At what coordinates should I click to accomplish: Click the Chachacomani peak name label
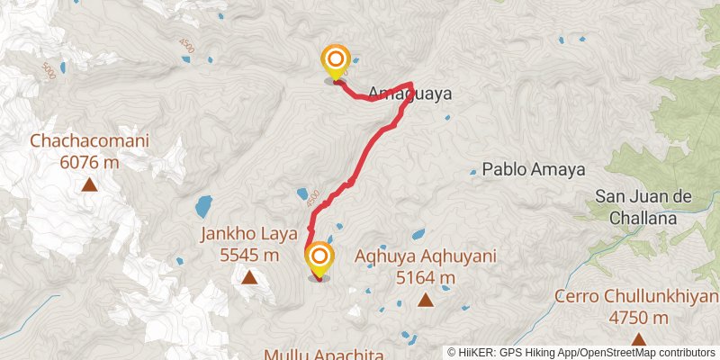point(89,141)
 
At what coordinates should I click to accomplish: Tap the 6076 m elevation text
point(89,162)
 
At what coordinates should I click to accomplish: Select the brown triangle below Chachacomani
point(90,185)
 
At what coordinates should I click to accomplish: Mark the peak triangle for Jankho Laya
point(248,278)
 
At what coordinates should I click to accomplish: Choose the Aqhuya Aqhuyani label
point(426,256)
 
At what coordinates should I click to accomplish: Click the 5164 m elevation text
point(426,277)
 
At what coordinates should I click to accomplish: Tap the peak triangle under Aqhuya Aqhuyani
point(426,301)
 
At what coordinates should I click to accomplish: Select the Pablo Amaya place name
point(534,169)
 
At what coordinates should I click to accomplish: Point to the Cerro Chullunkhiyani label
point(636,297)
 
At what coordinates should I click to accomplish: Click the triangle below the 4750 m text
point(638,339)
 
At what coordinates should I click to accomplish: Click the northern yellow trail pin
point(335,62)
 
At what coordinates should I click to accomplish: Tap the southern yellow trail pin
point(319,259)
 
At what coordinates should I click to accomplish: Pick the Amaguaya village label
point(409,94)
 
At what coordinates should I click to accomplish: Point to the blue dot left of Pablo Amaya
point(473,170)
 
